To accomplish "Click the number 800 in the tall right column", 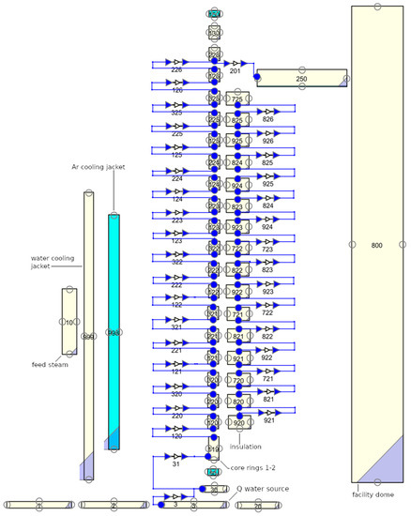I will [x=377, y=245].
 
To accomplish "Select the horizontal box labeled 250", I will [x=300, y=79].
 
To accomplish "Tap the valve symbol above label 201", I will [x=236, y=63].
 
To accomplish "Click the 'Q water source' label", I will [x=262, y=488].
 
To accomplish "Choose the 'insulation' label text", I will [x=245, y=446].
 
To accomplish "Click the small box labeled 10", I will [x=68, y=322].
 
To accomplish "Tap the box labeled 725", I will [x=237, y=99].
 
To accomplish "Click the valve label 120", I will [x=176, y=436].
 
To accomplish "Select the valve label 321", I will [x=176, y=327].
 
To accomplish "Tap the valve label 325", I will [x=176, y=113].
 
